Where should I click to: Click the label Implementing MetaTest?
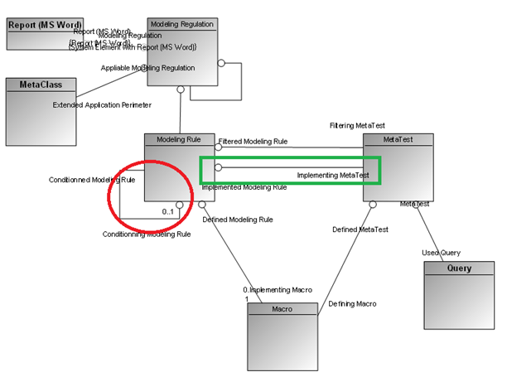(x=333, y=175)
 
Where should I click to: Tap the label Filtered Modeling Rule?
(x=253, y=142)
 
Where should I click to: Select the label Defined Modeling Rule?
(x=238, y=220)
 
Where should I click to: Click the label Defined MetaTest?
(x=361, y=230)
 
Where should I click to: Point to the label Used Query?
(x=441, y=253)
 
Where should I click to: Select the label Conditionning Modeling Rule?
(x=147, y=234)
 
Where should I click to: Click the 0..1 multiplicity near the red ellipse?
(x=168, y=212)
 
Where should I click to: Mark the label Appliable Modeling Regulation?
(x=148, y=68)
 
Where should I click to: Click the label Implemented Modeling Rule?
(x=244, y=187)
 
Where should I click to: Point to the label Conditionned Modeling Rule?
(x=91, y=179)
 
